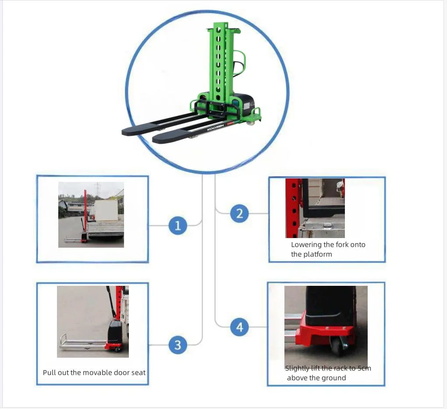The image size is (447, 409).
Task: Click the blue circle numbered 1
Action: [177, 226]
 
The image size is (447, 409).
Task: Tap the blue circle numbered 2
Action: [239, 213]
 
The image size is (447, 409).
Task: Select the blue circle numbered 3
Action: [177, 345]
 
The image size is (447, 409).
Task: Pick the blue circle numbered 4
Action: [239, 327]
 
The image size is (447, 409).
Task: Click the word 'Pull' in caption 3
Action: [49, 373]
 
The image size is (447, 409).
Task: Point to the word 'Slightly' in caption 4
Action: [297, 368]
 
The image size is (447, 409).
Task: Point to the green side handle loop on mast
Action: [240, 64]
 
